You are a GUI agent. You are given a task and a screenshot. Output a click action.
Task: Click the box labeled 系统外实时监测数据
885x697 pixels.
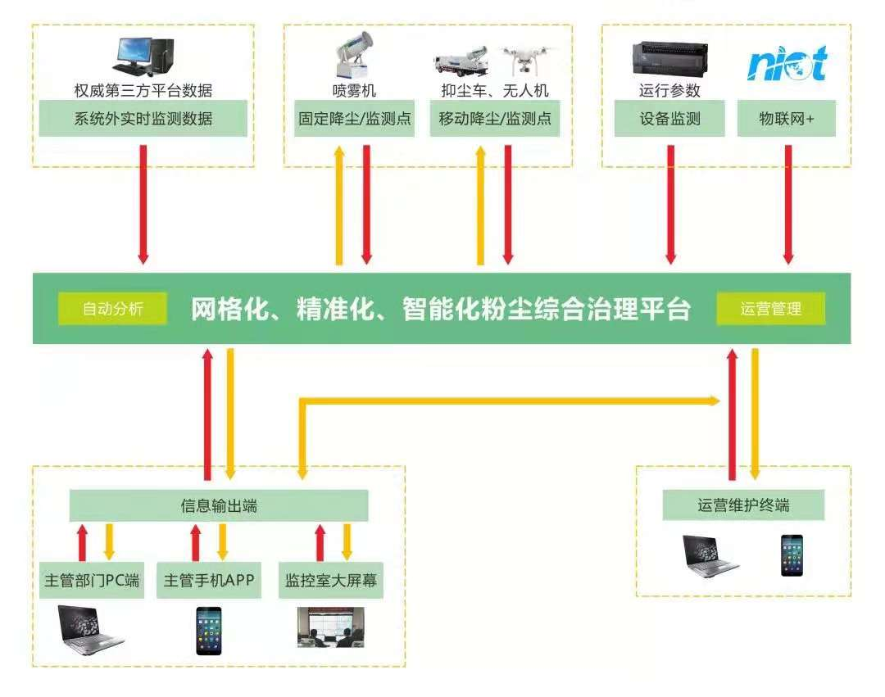point(143,119)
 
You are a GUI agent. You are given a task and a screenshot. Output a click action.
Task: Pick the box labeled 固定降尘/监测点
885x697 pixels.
point(354,119)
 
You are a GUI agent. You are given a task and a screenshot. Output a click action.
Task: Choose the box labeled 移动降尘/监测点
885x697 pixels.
point(494,119)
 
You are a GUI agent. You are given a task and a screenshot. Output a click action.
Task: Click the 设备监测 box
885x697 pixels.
point(670,119)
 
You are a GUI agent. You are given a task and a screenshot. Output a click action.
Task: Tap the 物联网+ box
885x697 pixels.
point(787,119)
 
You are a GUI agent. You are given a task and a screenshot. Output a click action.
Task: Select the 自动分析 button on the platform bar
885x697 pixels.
point(112,309)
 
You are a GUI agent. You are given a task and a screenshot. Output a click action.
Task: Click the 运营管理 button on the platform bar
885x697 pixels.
point(770,309)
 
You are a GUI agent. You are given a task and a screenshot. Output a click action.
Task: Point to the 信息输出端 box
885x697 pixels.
point(219,506)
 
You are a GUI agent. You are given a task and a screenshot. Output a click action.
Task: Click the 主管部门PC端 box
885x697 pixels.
point(91,582)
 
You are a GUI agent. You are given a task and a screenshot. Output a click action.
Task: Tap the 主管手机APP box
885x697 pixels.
point(209,582)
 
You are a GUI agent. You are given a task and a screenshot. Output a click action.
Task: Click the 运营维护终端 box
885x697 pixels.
point(743,505)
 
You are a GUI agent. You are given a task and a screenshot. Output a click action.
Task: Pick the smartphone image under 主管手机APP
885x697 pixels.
point(209,630)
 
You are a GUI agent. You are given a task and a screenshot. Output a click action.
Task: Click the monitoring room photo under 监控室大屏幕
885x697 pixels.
point(331,627)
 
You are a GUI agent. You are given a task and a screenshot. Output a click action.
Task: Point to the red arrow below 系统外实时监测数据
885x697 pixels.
point(143,204)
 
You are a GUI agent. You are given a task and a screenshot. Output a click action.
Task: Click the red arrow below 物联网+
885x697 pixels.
point(788,204)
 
